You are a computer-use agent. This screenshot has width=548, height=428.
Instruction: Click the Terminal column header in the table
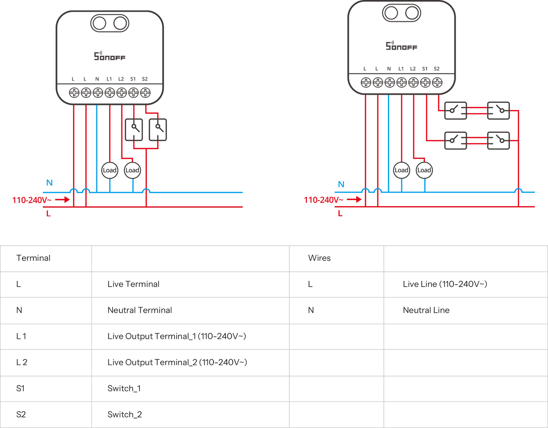point(33,258)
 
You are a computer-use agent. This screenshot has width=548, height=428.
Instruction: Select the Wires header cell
point(319,258)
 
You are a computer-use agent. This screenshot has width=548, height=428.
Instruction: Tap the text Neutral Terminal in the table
point(139,310)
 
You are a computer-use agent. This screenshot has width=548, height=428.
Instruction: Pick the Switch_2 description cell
point(124,414)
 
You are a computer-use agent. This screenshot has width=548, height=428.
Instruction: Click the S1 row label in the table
point(20,388)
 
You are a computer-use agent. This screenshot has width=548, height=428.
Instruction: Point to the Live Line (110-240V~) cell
point(444,284)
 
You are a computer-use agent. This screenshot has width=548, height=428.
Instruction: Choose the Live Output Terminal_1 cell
point(176,336)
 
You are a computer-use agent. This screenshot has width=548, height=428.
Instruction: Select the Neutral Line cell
point(426,310)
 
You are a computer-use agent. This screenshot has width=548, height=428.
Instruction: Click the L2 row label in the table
point(22,362)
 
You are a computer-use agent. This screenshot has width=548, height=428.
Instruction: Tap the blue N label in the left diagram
point(49,183)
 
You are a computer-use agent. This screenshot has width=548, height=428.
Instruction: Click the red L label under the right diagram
point(340,214)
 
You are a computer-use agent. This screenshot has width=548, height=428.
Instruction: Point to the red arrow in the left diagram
point(62,199)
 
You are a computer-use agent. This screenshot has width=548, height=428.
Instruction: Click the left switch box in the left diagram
point(134,130)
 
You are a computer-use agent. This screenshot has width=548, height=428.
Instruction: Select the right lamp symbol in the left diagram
point(132,170)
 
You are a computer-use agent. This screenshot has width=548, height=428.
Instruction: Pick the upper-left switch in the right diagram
point(455,110)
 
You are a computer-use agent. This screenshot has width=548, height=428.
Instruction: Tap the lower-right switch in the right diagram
point(498,140)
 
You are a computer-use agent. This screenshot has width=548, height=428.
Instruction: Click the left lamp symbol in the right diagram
point(401,170)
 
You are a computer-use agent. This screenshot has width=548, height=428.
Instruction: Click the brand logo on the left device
point(109,56)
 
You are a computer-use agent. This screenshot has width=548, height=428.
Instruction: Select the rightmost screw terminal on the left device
point(145,92)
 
